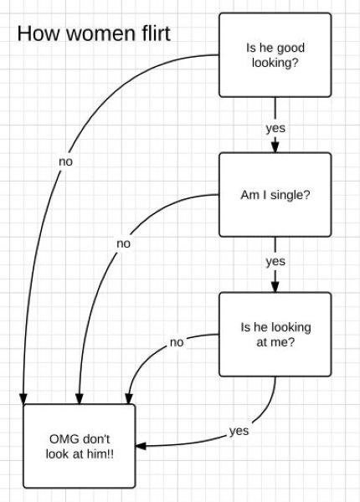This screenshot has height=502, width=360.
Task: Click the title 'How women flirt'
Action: (94, 33)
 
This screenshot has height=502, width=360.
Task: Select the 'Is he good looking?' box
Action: (275, 54)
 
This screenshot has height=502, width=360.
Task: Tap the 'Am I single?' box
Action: (275, 195)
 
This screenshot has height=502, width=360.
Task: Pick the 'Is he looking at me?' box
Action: (275, 334)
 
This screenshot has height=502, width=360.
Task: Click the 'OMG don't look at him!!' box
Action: (80, 446)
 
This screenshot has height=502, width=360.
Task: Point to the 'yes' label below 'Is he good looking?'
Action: (275, 128)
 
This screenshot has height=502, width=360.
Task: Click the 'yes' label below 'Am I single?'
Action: (275, 262)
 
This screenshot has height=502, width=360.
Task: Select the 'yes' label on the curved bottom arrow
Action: (239, 431)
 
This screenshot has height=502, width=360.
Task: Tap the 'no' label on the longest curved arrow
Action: (65, 161)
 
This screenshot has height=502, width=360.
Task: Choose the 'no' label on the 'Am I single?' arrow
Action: (123, 243)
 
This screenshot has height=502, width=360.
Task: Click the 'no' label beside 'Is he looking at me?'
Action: (177, 342)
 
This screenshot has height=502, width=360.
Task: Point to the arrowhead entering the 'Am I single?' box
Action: (275, 147)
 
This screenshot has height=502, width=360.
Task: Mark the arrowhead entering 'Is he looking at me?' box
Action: (275, 286)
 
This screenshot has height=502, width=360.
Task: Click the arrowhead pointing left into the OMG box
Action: (141, 446)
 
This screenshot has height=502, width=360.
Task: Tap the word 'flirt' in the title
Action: (156, 33)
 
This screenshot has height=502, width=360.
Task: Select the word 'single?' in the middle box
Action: (291, 195)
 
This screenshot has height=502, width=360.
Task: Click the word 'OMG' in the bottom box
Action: (64, 439)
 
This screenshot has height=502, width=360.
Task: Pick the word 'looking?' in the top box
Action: (275, 63)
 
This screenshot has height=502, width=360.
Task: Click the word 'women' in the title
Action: (100, 34)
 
